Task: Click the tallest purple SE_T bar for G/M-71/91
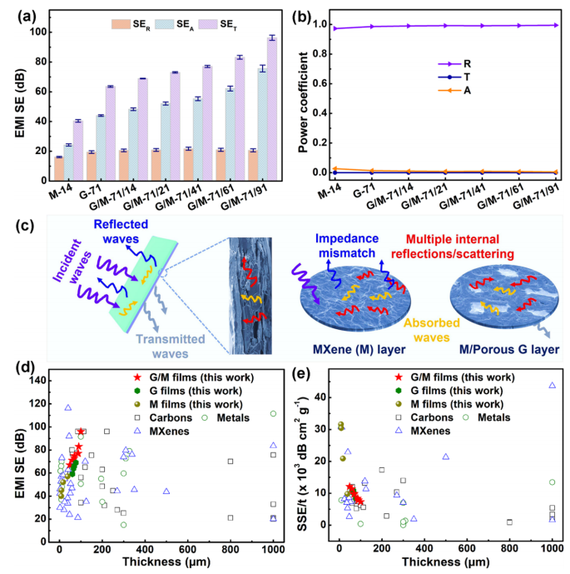point(271,109)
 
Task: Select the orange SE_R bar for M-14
point(59,169)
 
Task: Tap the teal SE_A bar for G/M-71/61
point(230,134)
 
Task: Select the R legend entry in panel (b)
point(454,64)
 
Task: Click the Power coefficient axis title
point(303,102)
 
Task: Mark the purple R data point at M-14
point(335,28)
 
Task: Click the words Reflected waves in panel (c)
point(121,232)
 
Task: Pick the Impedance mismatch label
point(347,246)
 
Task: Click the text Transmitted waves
point(171,347)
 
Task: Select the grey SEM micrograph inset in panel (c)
point(250,296)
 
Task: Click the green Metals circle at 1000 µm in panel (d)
point(273,414)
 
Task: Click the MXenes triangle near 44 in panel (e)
point(552,385)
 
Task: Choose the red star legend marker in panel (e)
point(399,377)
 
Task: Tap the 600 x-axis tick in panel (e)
point(467,548)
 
